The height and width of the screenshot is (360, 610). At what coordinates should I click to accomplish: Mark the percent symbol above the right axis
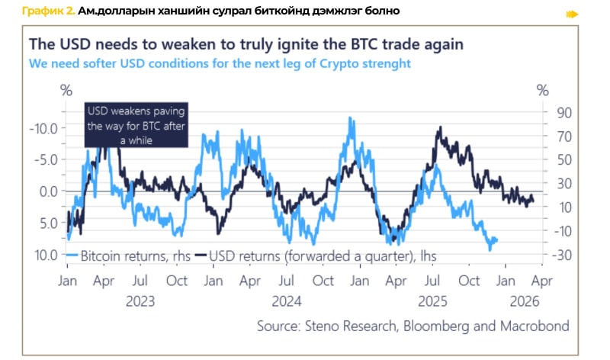pos(542,90)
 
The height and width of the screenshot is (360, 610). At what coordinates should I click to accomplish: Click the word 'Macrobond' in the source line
pos(534,326)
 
